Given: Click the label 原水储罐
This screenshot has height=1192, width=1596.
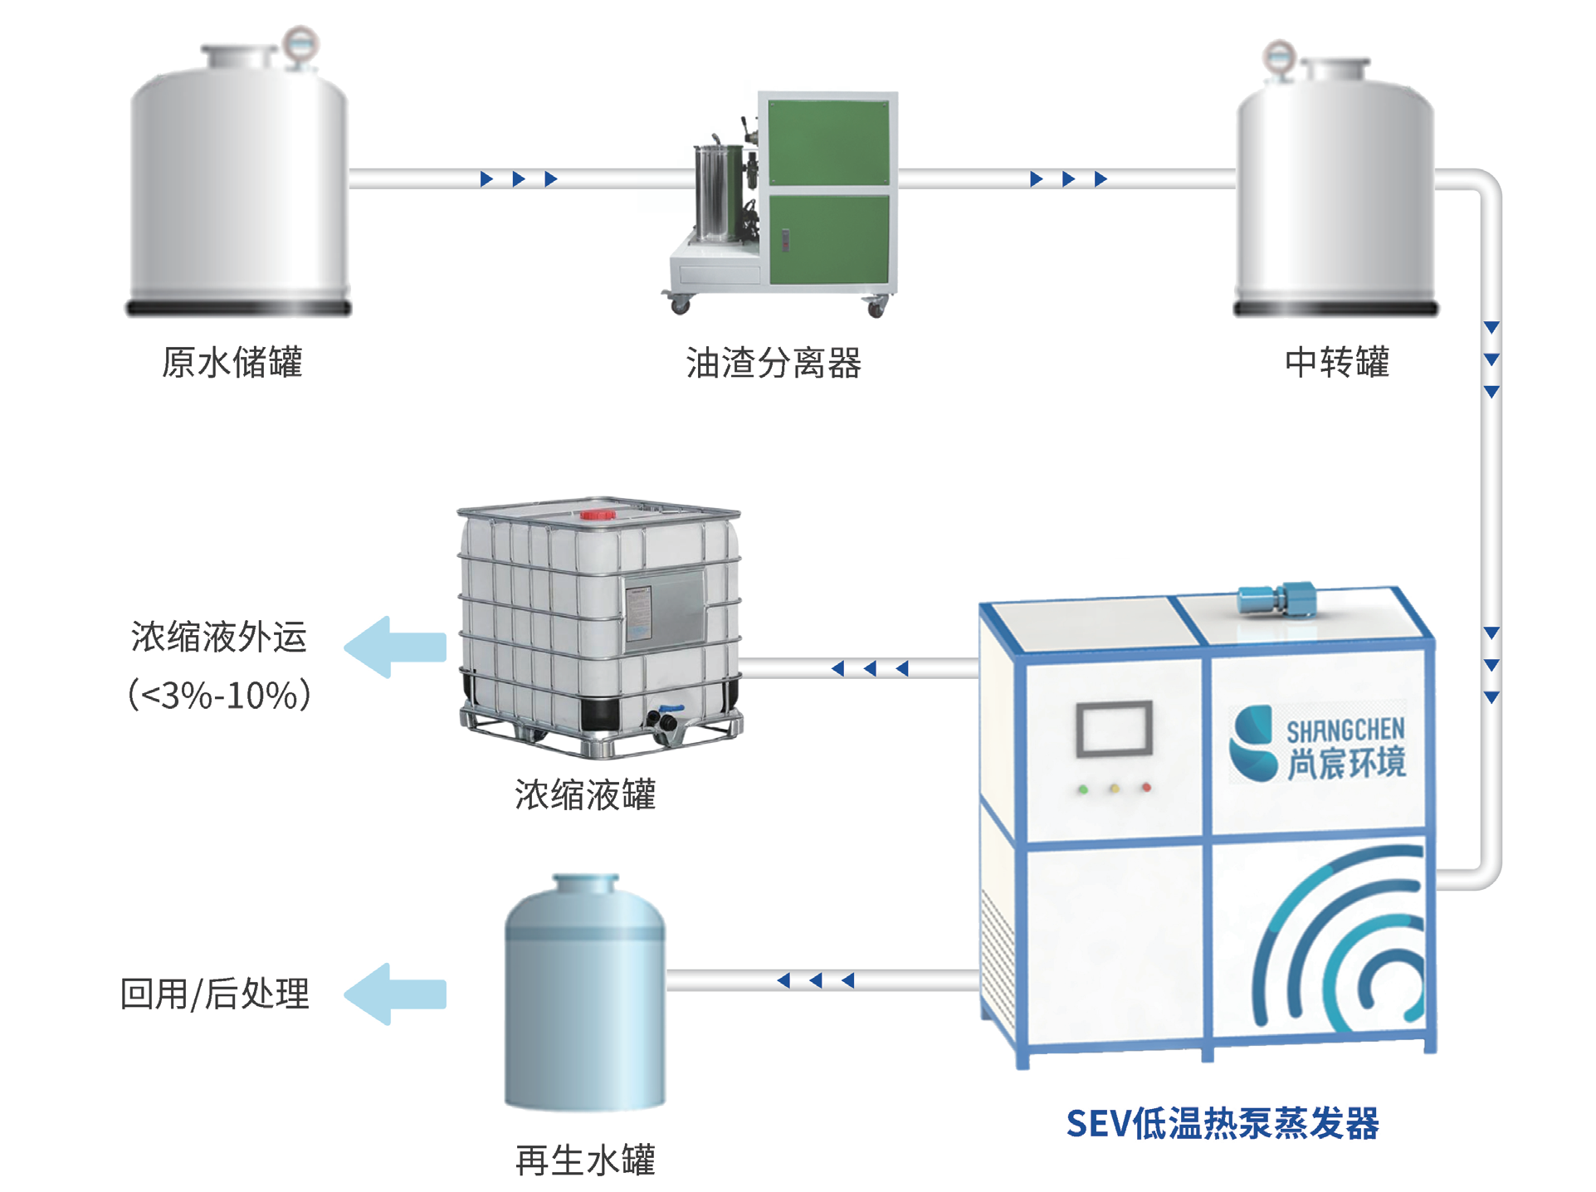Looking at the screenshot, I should tap(232, 363).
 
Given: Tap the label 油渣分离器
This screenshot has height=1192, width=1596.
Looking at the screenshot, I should tap(774, 363).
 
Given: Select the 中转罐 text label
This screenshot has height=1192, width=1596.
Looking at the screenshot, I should tap(1336, 363).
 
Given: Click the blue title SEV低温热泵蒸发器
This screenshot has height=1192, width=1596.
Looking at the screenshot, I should tap(1222, 1124).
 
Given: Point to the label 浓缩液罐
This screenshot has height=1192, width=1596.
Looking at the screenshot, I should tap(585, 794).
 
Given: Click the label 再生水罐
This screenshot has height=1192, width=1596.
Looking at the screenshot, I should tap(585, 1160).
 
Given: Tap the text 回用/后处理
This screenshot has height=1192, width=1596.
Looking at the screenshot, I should tap(215, 994).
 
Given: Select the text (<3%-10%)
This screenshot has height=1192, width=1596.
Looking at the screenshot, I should tap(219, 695).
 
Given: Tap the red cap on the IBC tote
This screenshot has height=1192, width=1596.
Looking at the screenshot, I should tap(598, 515).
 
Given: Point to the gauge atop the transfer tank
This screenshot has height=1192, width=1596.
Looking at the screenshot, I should tap(1279, 57).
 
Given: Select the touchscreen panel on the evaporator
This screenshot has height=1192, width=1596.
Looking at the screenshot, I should tap(1114, 730).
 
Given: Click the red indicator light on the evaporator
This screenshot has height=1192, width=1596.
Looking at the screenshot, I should tap(1146, 787).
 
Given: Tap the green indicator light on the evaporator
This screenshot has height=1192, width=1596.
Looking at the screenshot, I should tap(1082, 789).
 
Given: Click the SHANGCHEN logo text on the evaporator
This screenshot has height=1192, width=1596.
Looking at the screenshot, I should tap(1345, 730).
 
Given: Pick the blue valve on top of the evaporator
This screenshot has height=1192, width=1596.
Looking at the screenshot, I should tap(1276, 599).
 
